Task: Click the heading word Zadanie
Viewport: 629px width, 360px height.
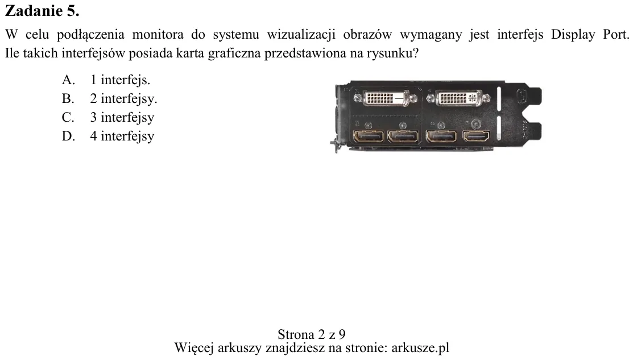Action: [x=34, y=11]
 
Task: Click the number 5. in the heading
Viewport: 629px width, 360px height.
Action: [x=73, y=11]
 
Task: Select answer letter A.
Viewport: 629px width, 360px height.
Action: [x=68, y=80]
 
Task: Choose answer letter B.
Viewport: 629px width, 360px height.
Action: [x=68, y=99]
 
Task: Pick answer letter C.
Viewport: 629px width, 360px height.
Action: [x=68, y=117]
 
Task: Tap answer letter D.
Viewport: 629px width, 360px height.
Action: [x=68, y=136]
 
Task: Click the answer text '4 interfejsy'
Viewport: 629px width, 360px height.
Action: [x=122, y=136]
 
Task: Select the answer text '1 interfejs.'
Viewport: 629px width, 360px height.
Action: [x=120, y=80]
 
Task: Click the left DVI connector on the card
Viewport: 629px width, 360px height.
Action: [x=386, y=98]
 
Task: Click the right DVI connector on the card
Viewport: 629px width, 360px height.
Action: [x=458, y=98]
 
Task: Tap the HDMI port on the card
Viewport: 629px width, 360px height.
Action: [x=476, y=136]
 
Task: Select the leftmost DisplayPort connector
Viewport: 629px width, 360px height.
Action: [x=369, y=136]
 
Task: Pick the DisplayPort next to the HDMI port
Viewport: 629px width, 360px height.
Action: [x=441, y=136]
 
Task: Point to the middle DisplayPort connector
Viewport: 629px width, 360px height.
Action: [x=404, y=136]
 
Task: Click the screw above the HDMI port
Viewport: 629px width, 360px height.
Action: [x=476, y=123]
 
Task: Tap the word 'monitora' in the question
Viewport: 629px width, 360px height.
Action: [x=158, y=35]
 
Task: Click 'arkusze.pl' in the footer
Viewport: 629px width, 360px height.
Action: [x=420, y=347]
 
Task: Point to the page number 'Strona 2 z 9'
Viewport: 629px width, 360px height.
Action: [x=312, y=334]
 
